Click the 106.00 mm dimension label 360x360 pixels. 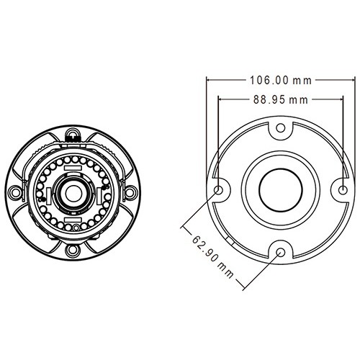pos(281,81)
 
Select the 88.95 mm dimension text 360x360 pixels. pos(281,99)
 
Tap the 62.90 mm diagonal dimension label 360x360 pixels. pos(212,257)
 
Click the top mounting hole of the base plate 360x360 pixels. pos(281,128)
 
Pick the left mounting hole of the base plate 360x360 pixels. pos(218,190)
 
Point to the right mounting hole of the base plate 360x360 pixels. pos(343,190)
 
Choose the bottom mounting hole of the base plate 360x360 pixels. pos(281,252)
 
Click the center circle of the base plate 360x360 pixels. pos(281,190)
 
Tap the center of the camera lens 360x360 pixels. pos(73,194)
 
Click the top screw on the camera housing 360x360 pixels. pos(73,133)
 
